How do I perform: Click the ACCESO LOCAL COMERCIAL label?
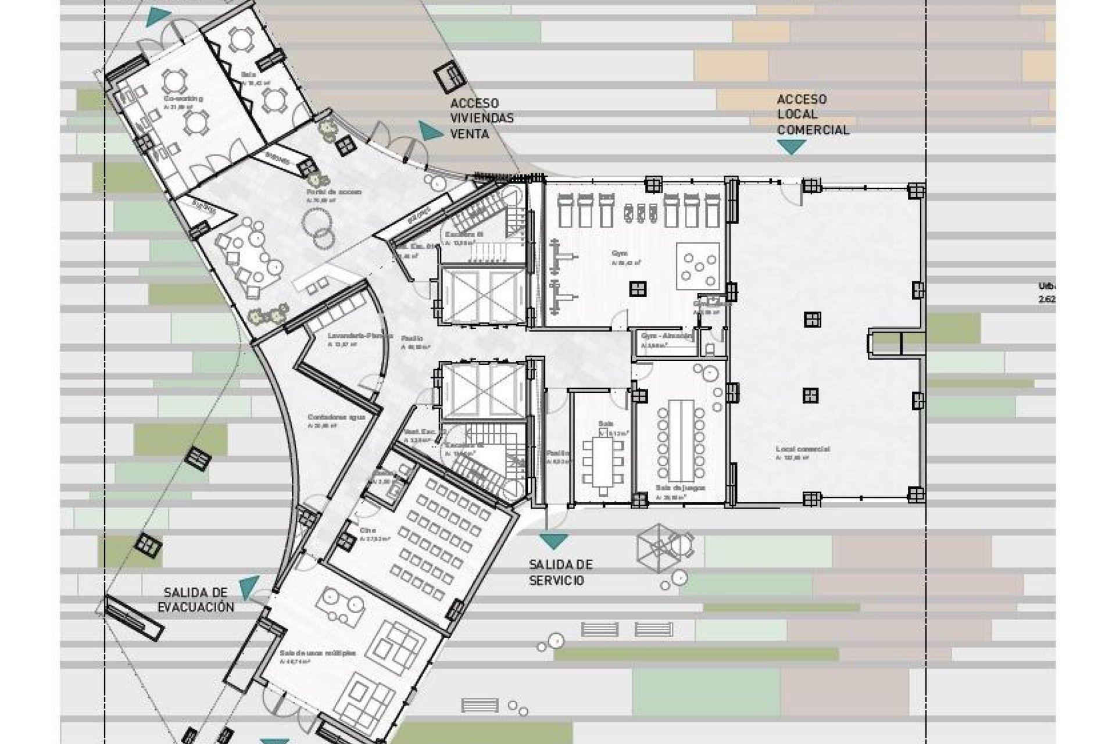pos(813,115)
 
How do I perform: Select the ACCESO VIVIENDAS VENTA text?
pos(482,119)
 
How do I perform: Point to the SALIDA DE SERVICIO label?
pos(560,572)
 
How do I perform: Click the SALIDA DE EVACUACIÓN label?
pos(199,600)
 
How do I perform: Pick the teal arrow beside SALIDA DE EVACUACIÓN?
pos(249,588)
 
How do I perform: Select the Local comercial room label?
pos(802,449)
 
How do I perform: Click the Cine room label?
pos(367,531)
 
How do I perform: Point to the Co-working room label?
pos(183,99)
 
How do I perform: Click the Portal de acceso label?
pos(334,191)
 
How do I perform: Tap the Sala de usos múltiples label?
pos(317,653)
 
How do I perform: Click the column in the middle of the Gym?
pos(638,288)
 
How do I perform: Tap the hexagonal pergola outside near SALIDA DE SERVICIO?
pos(657,546)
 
